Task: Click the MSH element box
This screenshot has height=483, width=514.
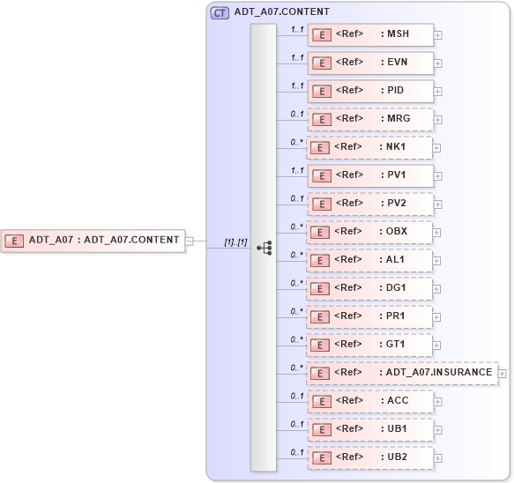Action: pyautogui.click(x=369, y=34)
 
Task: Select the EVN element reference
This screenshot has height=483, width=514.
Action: pyautogui.click(x=369, y=63)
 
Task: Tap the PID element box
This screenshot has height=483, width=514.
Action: pyautogui.click(x=369, y=91)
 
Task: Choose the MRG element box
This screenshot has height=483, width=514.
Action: pyautogui.click(x=369, y=119)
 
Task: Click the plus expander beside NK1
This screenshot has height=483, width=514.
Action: pyautogui.click(x=437, y=148)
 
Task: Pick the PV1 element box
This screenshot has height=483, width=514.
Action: pyautogui.click(x=369, y=175)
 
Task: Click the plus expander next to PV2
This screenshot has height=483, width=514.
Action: pyautogui.click(x=437, y=204)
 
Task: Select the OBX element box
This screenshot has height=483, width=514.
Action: pyautogui.click(x=369, y=232)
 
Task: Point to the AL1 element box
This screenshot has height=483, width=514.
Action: pyautogui.click(x=369, y=260)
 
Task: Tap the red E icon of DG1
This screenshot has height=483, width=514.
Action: pyautogui.click(x=323, y=288)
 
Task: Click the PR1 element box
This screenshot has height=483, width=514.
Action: pyautogui.click(x=369, y=316)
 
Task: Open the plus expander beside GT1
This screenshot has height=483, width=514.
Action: pyautogui.click(x=437, y=346)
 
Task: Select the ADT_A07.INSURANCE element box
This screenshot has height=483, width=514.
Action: pyautogui.click(x=402, y=373)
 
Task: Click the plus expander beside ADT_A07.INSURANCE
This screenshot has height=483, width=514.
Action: pyautogui.click(x=502, y=374)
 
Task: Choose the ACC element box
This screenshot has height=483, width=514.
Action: pyautogui.click(x=369, y=401)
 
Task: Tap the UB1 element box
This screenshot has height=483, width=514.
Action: pyautogui.click(x=369, y=429)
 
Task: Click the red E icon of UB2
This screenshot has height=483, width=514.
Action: pyautogui.click(x=323, y=457)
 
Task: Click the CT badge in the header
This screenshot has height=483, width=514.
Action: pyautogui.click(x=220, y=12)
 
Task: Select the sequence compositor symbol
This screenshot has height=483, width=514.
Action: pyautogui.click(x=264, y=248)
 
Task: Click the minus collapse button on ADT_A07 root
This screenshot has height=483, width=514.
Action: pyautogui.click(x=189, y=240)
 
